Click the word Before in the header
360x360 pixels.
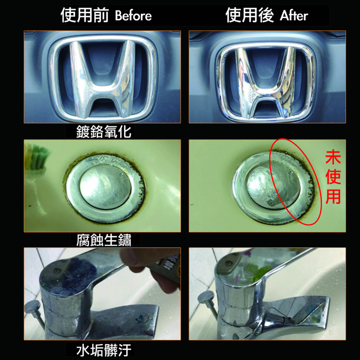point(133,16)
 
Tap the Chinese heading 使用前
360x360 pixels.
point(85,15)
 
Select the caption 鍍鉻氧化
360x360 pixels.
point(99,131)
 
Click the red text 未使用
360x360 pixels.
point(333,178)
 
